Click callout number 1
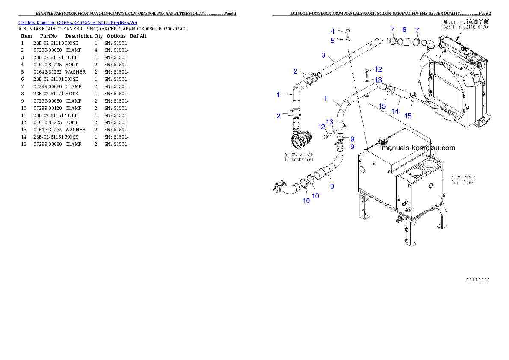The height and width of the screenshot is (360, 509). (278, 95)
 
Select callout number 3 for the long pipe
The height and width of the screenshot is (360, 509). (324, 55)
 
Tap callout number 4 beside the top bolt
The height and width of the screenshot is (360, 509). (333, 31)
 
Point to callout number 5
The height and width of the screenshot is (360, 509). (333, 41)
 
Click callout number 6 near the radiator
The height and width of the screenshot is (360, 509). (404, 30)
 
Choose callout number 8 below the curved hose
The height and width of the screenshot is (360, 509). (332, 186)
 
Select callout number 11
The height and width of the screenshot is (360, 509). (326, 99)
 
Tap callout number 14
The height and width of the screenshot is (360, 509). (395, 111)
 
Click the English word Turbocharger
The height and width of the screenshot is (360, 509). (299, 159)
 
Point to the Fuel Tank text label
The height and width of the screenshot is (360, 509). (462, 182)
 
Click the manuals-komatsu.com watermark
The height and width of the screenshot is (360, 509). (418, 148)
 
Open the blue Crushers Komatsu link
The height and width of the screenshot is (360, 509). (77, 23)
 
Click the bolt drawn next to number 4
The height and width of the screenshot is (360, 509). (347, 32)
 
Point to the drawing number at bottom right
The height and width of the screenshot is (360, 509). (478, 280)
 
